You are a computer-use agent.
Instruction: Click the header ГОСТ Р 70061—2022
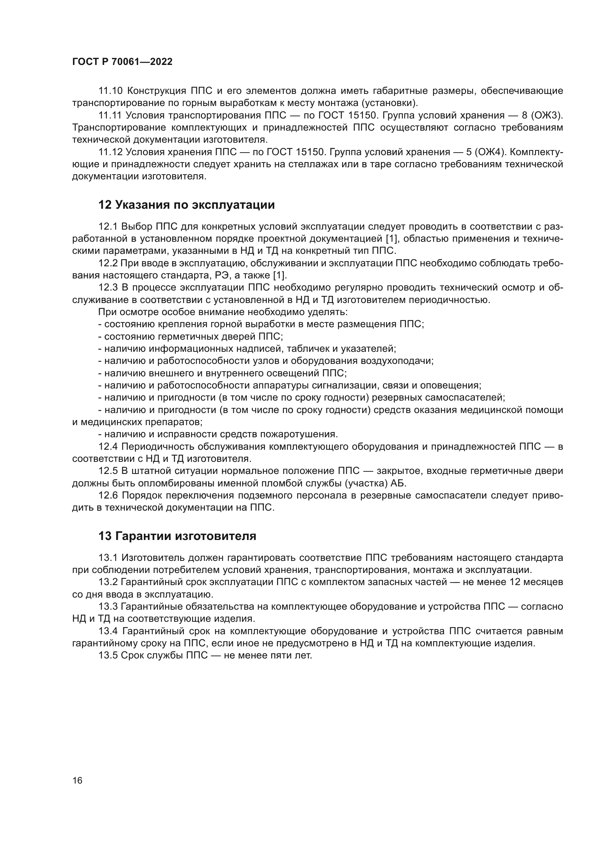point(122,62)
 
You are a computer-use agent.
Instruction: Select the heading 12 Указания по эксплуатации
point(186,205)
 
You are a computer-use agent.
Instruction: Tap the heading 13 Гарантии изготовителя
point(177,536)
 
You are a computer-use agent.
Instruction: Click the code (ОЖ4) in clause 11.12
point(487,152)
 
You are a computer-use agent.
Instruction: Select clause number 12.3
point(108,287)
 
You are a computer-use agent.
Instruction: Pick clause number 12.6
point(108,496)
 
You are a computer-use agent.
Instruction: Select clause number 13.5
point(108,655)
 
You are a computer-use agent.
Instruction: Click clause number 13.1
point(108,558)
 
